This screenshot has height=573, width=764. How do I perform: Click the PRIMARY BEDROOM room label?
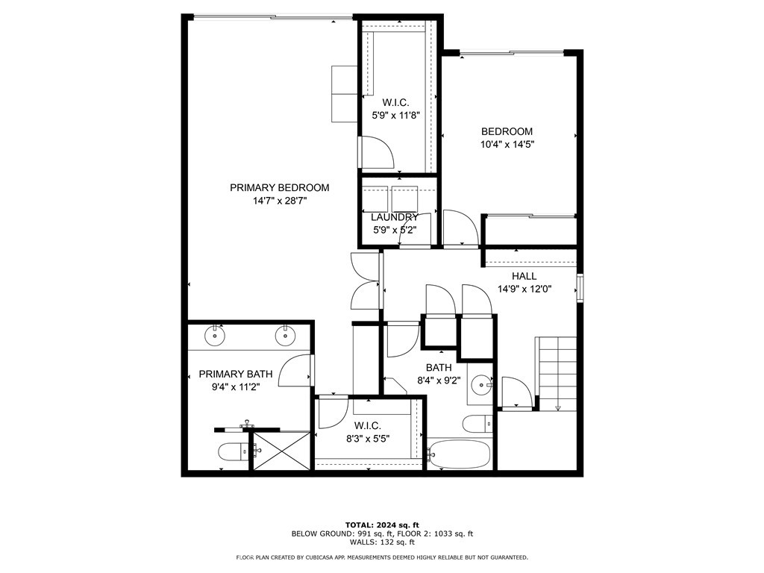(x=279, y=188)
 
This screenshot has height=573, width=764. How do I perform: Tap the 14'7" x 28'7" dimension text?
(x=279, y=201)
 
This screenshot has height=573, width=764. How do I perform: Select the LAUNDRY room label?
(x=395, y=217)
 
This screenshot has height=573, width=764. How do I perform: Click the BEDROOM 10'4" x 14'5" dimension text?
(x=507, y=145)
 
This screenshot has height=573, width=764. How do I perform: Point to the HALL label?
(x=524, y=276)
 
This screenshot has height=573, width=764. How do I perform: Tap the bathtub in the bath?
(x=459, y=453)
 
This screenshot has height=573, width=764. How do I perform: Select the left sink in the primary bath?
(x=216, y=335)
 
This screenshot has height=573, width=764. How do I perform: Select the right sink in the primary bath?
(x=285, y=335)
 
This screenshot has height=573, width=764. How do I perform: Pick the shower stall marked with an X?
(x=281, y=451)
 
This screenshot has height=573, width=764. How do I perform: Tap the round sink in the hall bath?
(x=482, y=386)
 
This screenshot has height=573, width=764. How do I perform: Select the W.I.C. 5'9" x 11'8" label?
(x=395, y=109)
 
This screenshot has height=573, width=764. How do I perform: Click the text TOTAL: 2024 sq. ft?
(x=381, y=525)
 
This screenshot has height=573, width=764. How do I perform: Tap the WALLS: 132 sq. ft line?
(x=381, y=542)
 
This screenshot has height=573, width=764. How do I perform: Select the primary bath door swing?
(x=296, y=371)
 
